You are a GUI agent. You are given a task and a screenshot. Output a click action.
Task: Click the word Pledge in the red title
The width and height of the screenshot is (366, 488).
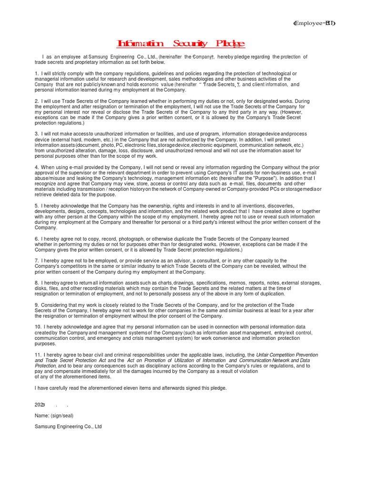230,44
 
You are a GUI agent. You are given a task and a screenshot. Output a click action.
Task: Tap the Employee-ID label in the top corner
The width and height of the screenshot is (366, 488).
314,24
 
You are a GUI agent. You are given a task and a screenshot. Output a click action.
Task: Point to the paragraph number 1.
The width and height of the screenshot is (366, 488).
37,73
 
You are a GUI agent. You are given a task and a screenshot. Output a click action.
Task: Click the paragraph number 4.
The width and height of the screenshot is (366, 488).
37,167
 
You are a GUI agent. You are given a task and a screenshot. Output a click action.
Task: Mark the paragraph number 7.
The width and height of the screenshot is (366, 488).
37,261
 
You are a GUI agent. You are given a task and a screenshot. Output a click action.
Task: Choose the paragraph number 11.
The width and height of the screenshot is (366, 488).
38,355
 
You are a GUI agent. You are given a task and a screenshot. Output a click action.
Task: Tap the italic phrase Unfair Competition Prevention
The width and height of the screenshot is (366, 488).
287,355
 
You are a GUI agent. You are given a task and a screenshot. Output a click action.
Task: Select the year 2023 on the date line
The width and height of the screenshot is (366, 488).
40,405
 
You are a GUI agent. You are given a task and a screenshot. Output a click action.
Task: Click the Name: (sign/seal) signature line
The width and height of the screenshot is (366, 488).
54,416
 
